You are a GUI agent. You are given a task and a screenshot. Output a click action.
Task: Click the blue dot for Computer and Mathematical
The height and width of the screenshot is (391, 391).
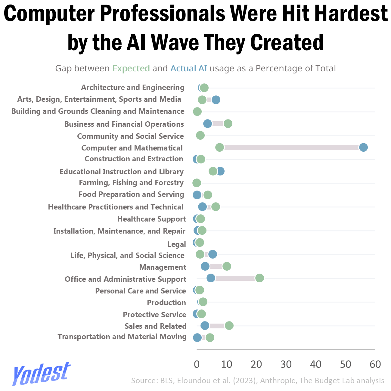click(x=363, y=147)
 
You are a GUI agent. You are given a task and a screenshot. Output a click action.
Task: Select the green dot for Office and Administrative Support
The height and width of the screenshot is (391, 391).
click(x=259, y=278)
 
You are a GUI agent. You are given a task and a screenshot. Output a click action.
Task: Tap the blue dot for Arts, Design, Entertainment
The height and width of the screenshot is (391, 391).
click(x=216, y=100)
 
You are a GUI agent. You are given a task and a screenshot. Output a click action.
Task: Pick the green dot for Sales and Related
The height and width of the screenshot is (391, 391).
click(x=229, y=326)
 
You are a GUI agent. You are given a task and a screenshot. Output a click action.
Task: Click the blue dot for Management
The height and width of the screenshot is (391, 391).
click(x=205, y=266)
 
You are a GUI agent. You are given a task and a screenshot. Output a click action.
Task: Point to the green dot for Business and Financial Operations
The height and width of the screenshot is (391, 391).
click(x=228, y=124)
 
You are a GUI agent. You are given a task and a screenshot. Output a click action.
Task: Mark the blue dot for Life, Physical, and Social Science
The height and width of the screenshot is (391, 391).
click(x=213, y=254)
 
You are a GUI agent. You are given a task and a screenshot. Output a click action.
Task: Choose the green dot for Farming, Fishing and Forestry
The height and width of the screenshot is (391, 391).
click(x=197, y=183)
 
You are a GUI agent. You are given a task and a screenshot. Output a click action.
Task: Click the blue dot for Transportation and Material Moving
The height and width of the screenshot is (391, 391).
click(x=197, y=338)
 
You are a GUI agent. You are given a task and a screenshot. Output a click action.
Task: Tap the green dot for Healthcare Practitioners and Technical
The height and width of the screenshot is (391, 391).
click(x=216, y=207)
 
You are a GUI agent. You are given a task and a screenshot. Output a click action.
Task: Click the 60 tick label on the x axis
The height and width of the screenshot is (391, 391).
click(x=375, y=365)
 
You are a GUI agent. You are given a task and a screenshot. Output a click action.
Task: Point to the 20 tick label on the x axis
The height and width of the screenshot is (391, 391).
click(x=256, y=365)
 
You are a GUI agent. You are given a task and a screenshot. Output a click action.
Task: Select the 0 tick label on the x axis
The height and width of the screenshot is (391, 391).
click(x=197, y=365)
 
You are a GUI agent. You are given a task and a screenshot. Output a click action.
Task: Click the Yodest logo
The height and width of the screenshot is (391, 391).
click(x=41, y=374)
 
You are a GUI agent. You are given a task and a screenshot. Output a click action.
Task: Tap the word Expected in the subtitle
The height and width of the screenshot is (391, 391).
click(x=131, y=69)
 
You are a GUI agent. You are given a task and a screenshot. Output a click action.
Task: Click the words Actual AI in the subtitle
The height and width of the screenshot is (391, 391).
click(x=189, y=68)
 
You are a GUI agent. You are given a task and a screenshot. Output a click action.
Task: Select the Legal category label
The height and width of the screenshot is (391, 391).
click(x=176, y=244)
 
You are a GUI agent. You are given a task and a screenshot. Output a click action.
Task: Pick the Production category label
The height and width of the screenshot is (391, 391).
click(x=166, y=303)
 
